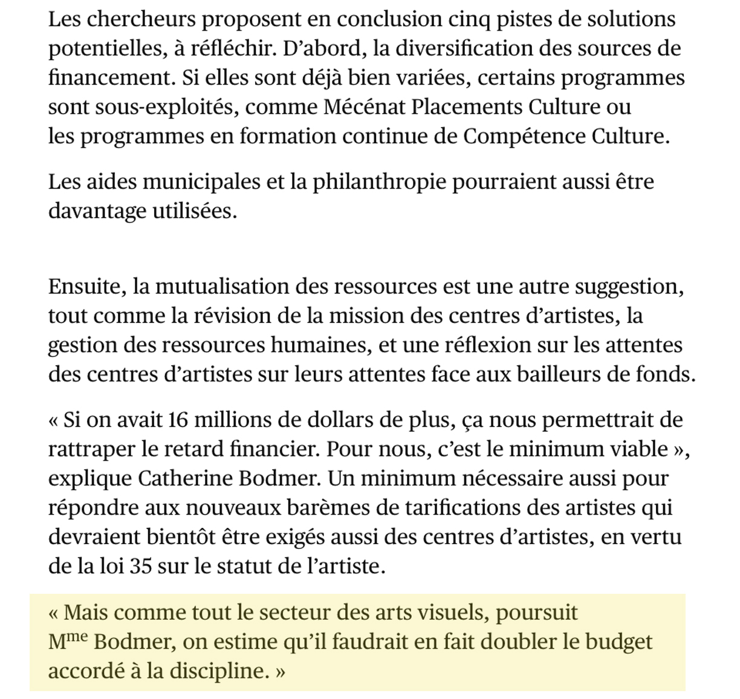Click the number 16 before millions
click(x=178, y=420)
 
